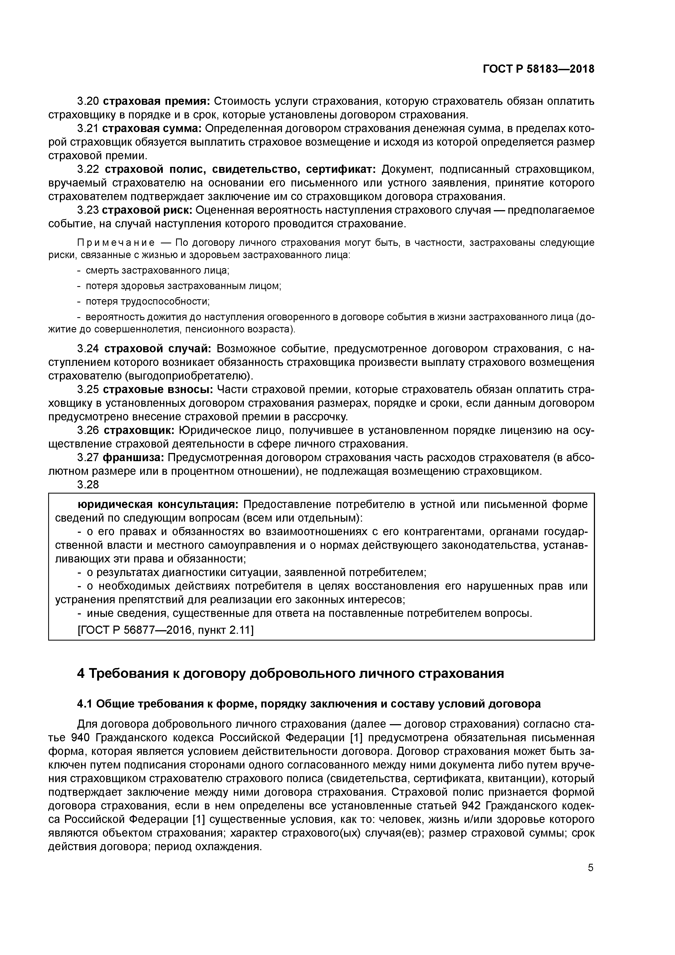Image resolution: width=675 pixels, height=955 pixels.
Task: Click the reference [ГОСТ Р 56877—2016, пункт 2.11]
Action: tap(165, 630)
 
